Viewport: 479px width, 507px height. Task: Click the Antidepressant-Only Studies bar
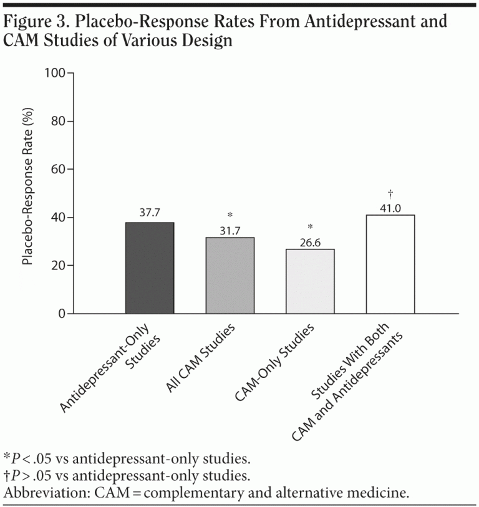click(x=150, y=268)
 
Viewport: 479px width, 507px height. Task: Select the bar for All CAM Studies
click(x=230, y=276)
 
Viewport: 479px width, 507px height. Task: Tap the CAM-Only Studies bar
click(x=310, y=281)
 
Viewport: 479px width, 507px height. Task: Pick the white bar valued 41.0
click(x=390, y=264)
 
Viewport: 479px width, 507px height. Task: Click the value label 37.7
click(x=150, y=213)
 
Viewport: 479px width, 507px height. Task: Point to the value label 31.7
click(x=230, y=230)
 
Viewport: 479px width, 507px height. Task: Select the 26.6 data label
click(x=310, y=241)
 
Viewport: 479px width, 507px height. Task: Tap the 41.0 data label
click(x=390, y=207)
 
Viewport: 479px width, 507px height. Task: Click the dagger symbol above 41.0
click(x=390, y=194)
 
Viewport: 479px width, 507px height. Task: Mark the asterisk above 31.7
click(x=230, y=216)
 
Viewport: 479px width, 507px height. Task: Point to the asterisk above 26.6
click(x=310, y=228)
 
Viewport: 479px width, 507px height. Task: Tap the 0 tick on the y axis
click(x=62, y=314)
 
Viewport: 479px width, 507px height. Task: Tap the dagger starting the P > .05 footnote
click(x=6, y=476)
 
